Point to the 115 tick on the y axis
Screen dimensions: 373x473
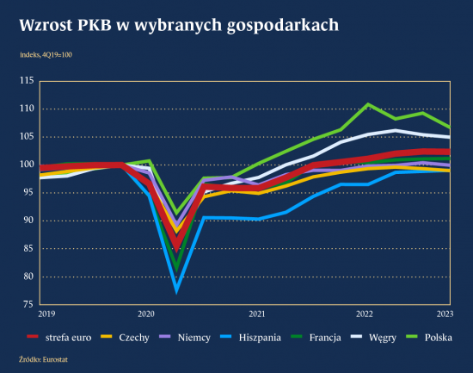tap(26, 81)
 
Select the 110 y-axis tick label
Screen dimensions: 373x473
tap(26, 109)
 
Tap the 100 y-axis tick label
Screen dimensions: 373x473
tap(26, 165)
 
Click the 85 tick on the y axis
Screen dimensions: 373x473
tap(28, 248)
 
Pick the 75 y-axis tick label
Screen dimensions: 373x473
tap(28, 304)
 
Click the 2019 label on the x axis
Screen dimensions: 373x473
tap(46, 314)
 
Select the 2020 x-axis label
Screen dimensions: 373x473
tap(146, 314)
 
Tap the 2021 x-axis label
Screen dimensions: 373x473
tap(255, 314)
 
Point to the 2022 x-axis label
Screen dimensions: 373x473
tap(365, 314)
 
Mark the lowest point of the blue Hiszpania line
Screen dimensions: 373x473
tap(176, 289)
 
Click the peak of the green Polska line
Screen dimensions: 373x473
tap(367, 104)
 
